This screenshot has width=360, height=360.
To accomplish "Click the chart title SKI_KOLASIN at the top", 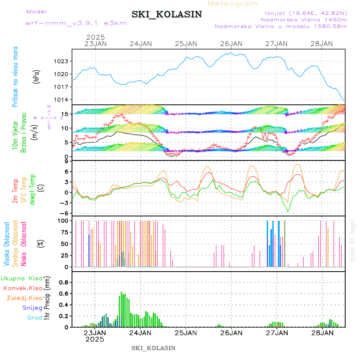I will [167, 14].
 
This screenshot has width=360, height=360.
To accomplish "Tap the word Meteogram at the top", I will [233, 4].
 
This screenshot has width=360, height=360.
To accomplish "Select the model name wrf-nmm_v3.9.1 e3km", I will [76, 23].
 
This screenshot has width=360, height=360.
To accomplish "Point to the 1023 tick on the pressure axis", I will [62, 61].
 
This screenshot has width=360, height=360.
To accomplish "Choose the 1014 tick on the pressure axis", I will [62, 100].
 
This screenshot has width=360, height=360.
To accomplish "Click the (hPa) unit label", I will [36, 76].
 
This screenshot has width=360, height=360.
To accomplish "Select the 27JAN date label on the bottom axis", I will [276, 332].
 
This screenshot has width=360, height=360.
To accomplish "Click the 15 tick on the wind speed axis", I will [66, 114].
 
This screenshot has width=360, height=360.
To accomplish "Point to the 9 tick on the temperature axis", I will [68, 161].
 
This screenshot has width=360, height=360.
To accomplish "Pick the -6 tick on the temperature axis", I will [67, 213].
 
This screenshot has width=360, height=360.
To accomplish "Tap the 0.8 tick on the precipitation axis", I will [64, 282].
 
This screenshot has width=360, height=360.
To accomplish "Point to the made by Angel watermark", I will [352, 240].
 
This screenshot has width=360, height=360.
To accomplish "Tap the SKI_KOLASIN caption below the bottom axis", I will [154, 348].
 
